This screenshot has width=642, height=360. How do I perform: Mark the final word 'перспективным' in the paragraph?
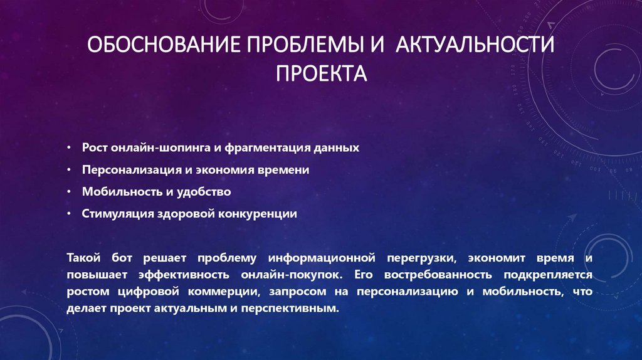point(299,309)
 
